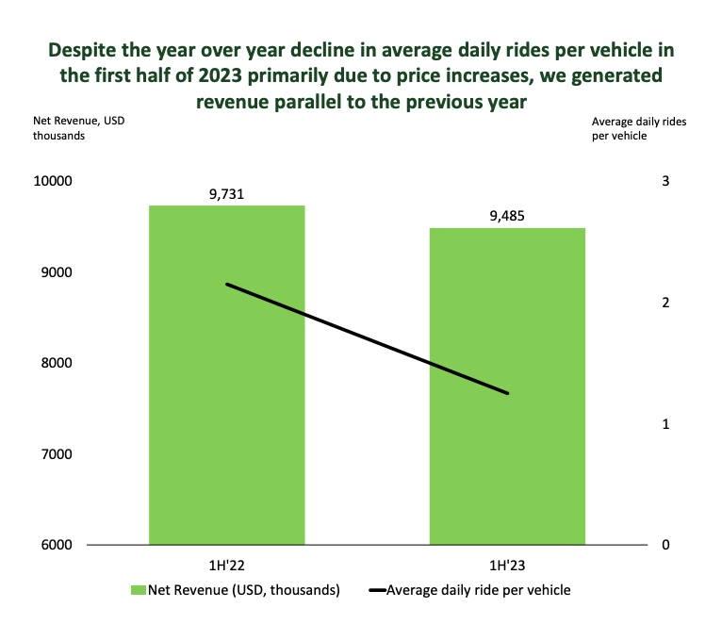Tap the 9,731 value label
(226, 194)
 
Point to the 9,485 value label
(507, 216)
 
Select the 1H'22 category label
(226, 566)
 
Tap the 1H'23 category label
(507, 566)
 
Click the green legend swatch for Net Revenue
(138, 590)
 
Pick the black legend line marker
(376, 591)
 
